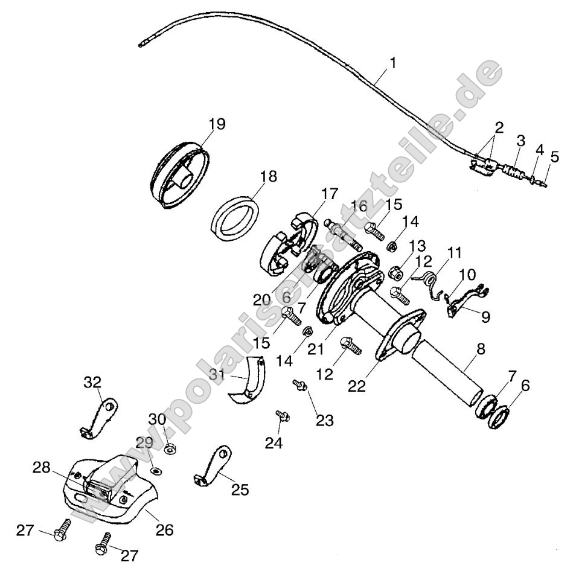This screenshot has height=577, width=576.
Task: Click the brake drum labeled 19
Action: click(180, 175)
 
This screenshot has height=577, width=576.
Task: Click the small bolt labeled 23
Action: click(299, 384)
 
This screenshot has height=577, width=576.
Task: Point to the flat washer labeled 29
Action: click(156, 470)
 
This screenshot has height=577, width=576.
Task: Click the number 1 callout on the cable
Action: click(393, 63)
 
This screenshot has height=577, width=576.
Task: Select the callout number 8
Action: click(480, 349)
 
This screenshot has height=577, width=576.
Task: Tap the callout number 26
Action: click(164, 530)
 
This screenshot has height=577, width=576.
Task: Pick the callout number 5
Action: click(554, 157)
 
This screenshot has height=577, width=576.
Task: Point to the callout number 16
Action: click(358, 206)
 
